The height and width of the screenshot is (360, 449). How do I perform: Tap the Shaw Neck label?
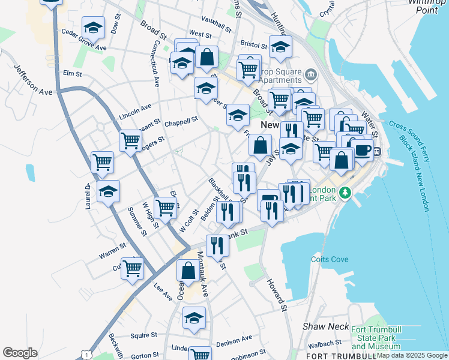[326, 326]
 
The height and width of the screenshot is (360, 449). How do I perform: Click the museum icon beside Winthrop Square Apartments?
[311, 74]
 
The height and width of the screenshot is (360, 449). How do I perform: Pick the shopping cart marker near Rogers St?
[130, 140]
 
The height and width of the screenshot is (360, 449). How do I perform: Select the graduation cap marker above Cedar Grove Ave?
[93, 27]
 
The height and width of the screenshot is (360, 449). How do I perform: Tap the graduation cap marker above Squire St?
[194, 317]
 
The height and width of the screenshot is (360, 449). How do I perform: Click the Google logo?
[20, 353]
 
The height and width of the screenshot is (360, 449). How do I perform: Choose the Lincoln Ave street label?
[135, 110]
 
